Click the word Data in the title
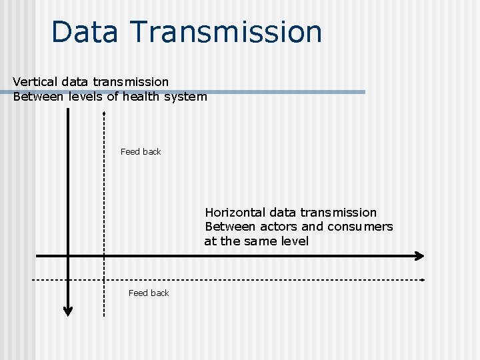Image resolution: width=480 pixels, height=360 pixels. click(x=85, y=32)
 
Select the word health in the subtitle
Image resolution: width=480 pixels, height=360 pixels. click(x=131, y=97)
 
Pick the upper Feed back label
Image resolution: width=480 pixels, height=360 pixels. click(x=141, y=152)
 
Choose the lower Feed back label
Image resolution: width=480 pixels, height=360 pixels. click(x=149, y=293)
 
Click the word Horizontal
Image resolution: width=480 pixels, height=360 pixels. click(x=235, y=213)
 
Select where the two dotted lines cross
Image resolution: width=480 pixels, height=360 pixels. click(x=104, y=279)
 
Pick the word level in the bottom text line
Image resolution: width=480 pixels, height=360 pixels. click(x=294, y=241)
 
